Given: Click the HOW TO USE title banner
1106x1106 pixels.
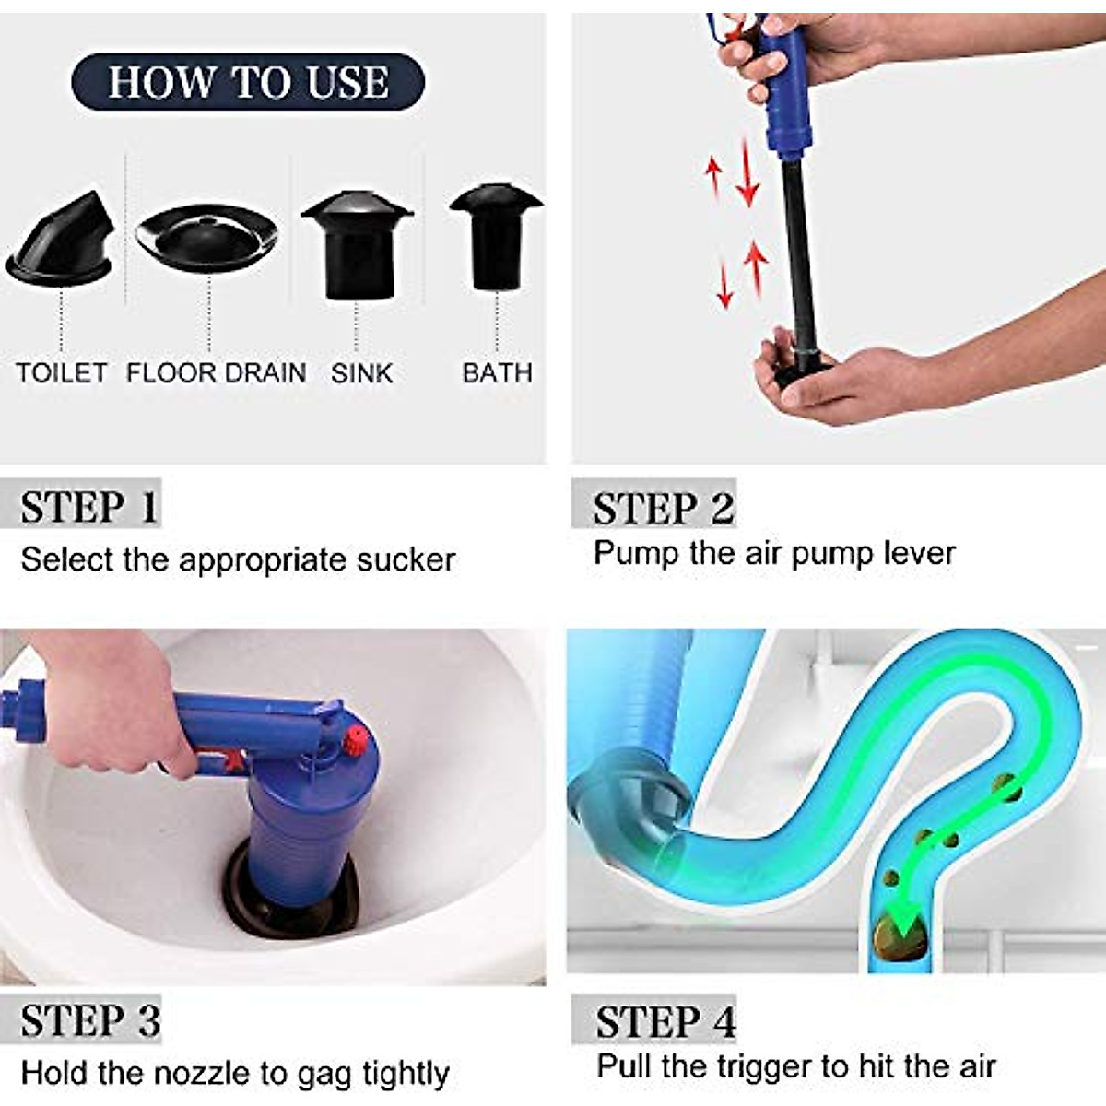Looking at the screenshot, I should [248, 82].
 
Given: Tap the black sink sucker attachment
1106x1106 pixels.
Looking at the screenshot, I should [357, 245].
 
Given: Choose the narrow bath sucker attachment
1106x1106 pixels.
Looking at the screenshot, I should [496, 236].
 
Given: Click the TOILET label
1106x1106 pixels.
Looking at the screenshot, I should [62, 373].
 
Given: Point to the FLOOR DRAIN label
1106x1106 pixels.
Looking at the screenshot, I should [216, 373].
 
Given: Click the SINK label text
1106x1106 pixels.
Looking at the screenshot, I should [361, 373].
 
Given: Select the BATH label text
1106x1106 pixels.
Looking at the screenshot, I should [497, 373].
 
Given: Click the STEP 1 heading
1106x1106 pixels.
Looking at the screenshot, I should [89, 507].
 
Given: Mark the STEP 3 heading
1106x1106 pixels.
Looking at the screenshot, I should [90, 1021].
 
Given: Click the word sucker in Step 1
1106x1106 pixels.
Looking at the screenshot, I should [404, 560].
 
